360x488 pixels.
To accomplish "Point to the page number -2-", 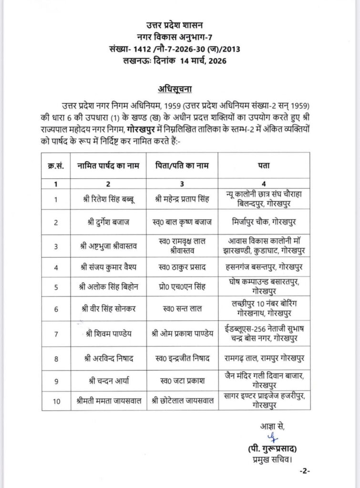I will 305,471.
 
